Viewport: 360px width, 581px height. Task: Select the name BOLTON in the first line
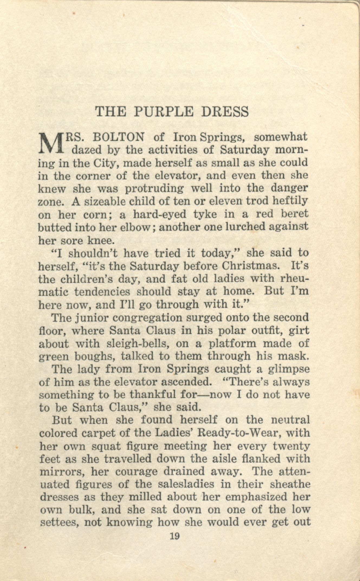coord(118,137)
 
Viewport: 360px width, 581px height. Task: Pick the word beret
coord(295,214)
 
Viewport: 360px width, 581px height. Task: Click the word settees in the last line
coord(59,522)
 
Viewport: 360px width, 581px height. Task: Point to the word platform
coord(232,343)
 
